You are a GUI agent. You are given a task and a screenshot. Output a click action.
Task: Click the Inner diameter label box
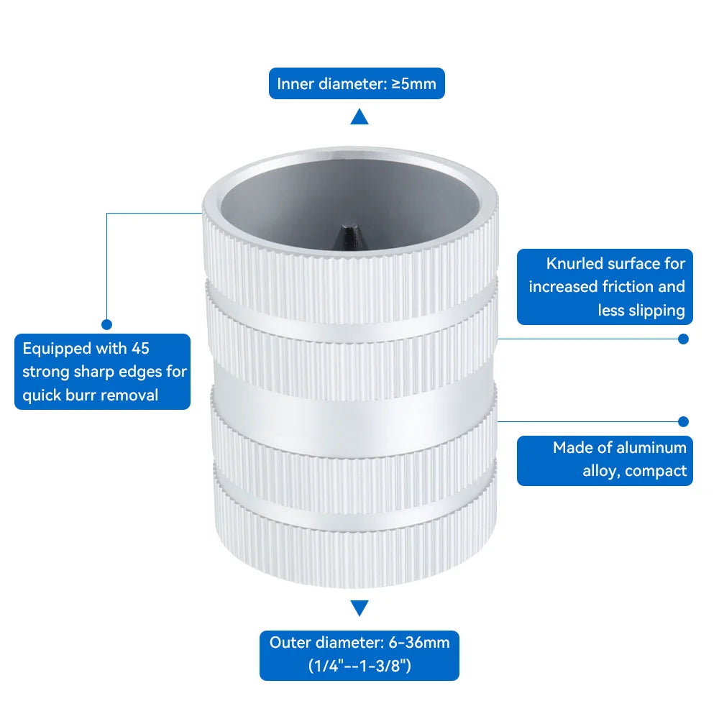357,83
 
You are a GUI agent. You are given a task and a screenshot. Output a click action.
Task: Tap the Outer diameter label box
359,655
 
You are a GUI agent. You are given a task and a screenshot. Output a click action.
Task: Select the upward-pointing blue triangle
359,116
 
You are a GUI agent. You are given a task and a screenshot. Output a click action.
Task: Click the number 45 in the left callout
140,349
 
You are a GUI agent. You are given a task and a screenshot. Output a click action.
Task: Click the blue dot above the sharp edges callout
107,325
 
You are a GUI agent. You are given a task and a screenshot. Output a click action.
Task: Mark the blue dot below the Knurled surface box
683,339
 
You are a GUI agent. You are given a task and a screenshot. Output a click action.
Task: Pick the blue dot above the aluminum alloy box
683,421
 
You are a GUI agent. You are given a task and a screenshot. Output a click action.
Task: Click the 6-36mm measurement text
419,642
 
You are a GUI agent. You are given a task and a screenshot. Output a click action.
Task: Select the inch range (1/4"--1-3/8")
359,666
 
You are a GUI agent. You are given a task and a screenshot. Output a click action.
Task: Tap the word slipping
656,311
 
